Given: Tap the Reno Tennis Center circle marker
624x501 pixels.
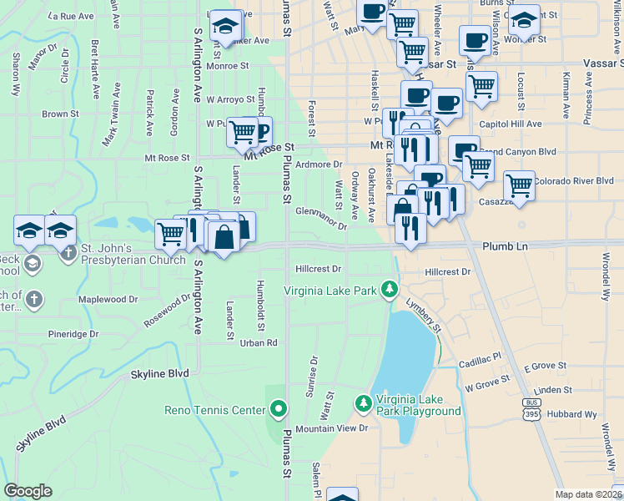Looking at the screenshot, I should [279, 409].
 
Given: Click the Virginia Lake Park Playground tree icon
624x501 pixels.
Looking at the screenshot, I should [363, 404].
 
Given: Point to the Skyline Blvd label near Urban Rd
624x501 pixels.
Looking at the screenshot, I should [160, 375].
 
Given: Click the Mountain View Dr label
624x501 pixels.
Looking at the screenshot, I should [331, 428].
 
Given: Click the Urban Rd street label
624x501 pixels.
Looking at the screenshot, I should [259, 342].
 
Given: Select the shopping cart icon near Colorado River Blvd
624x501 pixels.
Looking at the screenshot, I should [519, 185].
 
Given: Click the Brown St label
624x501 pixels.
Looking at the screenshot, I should [60, 114].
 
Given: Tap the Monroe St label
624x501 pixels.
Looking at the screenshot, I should [227, 65].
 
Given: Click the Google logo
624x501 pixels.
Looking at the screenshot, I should [28, 491].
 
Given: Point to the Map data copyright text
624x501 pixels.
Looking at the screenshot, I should [588, 494].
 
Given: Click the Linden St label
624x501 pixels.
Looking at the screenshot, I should [553, 390].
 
